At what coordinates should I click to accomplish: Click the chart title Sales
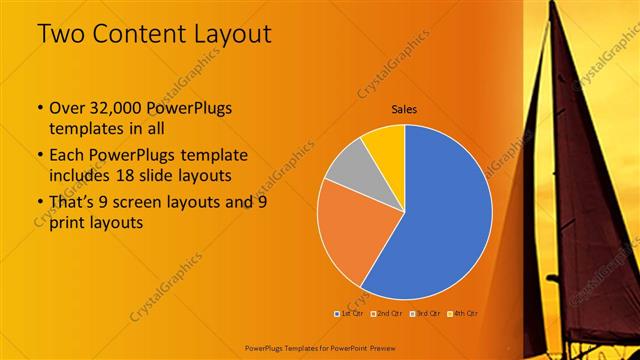pyautogui.click(x=404, y=110)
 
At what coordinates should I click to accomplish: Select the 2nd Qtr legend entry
pyautogui.click(x=389, y=314)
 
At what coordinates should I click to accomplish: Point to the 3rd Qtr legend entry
pyautogui.click(x=429, y=314)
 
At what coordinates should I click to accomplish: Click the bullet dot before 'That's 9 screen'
pyautogui.click(x=39, y=203)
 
